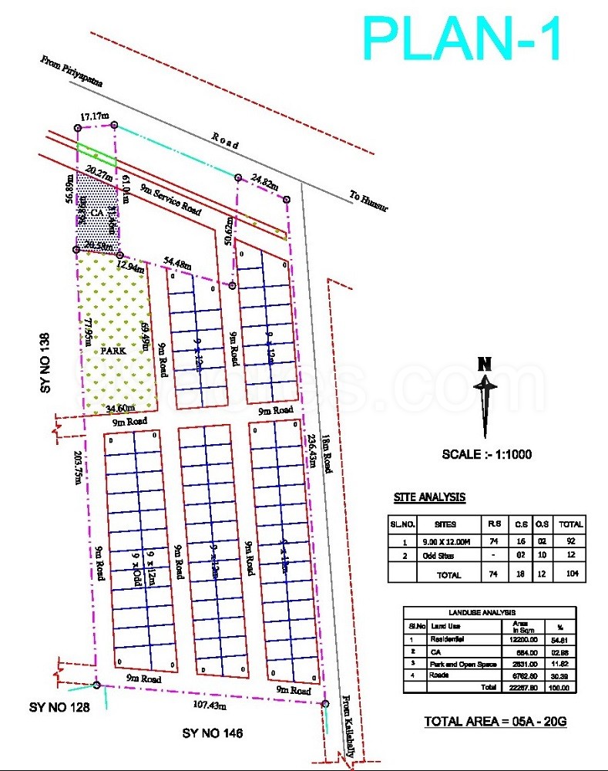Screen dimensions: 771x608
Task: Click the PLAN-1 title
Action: (464, 39)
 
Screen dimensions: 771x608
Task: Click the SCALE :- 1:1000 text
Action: (486, 454)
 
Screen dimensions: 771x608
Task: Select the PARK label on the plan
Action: (113, 349)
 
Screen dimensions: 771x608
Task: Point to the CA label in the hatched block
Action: (96, 212)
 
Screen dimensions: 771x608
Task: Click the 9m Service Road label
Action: (170, 200)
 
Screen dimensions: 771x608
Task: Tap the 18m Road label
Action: (327, 453)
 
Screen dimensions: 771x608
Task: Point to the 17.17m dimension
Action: (92, 116)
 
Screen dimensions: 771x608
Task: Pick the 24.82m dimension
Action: (264, 182)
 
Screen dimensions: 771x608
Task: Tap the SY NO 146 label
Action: (212, 733)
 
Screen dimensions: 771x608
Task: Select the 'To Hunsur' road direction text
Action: (370, 202)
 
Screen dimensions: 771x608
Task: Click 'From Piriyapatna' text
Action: (75, 70)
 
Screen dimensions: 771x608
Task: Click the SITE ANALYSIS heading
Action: (429, 497)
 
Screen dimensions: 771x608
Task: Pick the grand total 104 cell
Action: (571, 574)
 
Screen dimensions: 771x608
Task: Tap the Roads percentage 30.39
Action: (559, 675)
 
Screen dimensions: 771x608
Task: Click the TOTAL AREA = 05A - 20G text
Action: (495, 722)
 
